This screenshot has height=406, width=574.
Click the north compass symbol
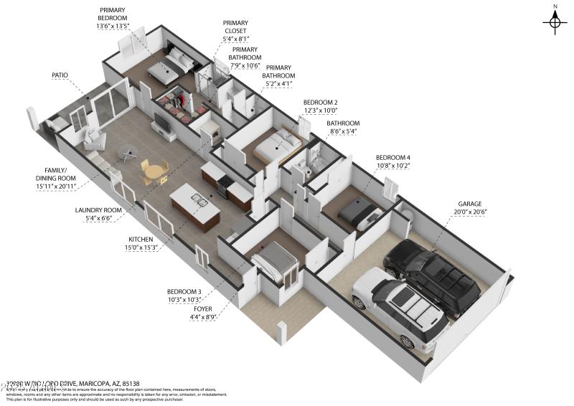[x=555, y=22]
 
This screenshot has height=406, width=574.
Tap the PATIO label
[x=60, y=75]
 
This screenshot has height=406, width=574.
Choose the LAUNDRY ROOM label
[x=99, y=210]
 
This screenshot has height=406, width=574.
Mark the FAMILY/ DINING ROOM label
[x=56, y=175]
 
